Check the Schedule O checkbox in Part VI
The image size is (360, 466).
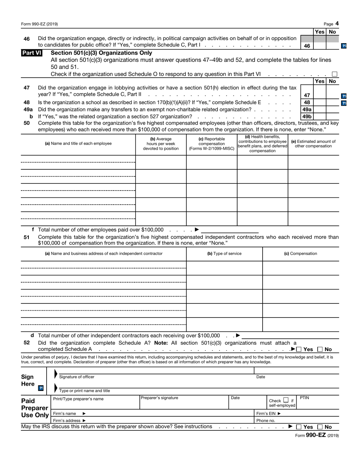click(x=334, y=74)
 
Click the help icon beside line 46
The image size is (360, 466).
click(x=344, y=46)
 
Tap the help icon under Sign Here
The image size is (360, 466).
click(x=41, y=388)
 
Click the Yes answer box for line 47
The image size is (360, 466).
click(x=319, y=95)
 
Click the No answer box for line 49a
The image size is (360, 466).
click(x=332, y=109)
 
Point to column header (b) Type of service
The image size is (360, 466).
click(x=224, y=254)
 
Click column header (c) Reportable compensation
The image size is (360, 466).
click(x=211, y=144)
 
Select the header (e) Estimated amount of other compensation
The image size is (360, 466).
click(x=313, y=144)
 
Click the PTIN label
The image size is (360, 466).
click(x=304, y=398)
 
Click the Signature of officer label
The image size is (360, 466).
click(x=77, y=377)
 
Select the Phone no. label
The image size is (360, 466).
click(x=266, y=421)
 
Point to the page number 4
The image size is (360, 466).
click(x=337, y=23)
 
